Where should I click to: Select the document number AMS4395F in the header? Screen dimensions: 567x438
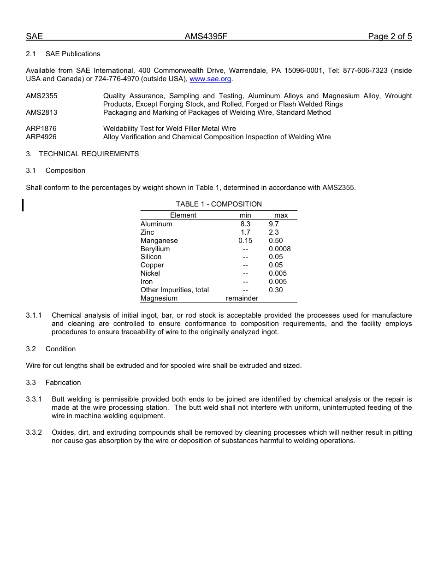206,37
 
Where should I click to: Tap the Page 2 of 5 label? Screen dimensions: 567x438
390,37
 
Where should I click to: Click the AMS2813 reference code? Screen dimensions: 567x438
41,112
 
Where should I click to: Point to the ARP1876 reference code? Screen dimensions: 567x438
41,129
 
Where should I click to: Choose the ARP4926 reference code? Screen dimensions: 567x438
41,137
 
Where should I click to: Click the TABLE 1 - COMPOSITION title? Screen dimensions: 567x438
219,204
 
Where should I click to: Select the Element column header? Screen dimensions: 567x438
183,215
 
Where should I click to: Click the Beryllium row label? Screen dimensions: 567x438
155,249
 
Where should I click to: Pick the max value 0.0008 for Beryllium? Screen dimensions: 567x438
280,249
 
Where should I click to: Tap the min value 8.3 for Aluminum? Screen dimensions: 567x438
245,224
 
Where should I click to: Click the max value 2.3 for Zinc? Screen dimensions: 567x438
274,232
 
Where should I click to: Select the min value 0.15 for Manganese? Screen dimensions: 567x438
245,241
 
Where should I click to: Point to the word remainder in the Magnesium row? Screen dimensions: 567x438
242,298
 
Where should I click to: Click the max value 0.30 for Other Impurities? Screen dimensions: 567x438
276,290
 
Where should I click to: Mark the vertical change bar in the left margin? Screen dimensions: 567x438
23,205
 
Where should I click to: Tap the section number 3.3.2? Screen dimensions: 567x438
34,432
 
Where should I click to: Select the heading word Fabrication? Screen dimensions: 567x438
63,383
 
